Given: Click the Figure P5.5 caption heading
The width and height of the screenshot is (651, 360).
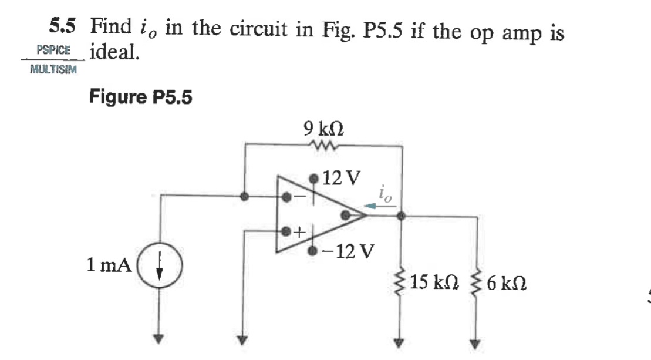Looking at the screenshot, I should (140, 96).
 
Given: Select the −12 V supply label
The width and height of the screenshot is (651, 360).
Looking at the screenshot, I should (349, 251).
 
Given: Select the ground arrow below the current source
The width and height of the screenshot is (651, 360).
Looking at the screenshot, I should (160, 339).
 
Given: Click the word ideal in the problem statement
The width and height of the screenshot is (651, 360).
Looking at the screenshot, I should (115, 53).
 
